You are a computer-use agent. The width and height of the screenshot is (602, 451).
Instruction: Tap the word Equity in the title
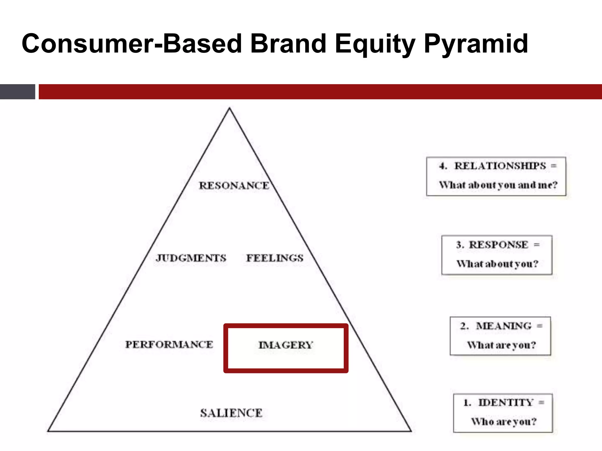(x=374, y=44)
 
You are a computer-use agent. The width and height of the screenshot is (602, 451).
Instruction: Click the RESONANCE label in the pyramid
(x=234, y=186)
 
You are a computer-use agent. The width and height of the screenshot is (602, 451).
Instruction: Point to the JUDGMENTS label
(x=191, y=258)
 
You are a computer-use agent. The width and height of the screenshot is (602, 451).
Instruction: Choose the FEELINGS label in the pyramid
(x=275, y=258)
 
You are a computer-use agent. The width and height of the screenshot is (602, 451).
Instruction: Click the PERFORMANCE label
(x=169, y=344)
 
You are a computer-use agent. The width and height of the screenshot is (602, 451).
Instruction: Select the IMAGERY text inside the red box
(x=286, y=345)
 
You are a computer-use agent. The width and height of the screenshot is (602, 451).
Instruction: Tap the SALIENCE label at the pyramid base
(x=231, y=413)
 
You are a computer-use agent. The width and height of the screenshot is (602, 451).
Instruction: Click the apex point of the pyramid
(x=230, y=108)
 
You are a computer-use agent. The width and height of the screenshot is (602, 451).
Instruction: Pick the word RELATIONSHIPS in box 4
(x=500, y=166)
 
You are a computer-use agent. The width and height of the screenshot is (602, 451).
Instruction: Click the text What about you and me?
(x=498, y=185)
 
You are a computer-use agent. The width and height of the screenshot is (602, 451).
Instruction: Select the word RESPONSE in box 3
(x=499, y=245)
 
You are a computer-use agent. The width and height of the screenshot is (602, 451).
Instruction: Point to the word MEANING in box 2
(x=504, y=326)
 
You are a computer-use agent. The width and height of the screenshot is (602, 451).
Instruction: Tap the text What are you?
(x=501, y=345)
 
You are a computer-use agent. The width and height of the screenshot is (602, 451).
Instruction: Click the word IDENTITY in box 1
(x=506, y=402)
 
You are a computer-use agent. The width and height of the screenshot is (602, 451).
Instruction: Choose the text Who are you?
(x=504, y=422)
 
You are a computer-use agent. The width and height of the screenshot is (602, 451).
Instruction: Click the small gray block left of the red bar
(x=17, y=92)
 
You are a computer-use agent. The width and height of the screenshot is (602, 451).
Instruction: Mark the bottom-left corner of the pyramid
(x=48, y=431)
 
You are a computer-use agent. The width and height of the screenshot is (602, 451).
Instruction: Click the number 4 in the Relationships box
(x=442, y=166)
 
